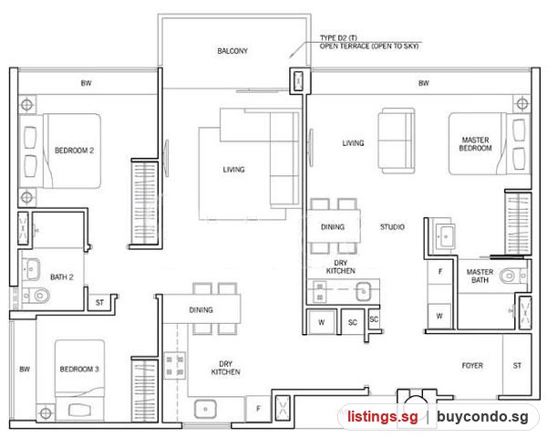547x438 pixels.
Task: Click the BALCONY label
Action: (x=232, y=51)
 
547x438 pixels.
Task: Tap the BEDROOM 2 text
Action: (x=75, y=151)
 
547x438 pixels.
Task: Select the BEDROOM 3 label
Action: (x=79, y=369)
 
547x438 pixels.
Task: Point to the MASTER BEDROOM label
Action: (x=475, y=144)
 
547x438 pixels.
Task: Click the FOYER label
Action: (x=472, y=365)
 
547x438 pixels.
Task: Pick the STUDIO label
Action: (x=392, y=227)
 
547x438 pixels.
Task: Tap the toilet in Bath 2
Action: (x=36, y=296)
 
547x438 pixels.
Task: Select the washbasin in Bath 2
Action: (x=31, y=269)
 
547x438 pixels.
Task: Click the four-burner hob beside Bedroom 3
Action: (x=174, y=365)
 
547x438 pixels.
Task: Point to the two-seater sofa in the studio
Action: (x=397, y=141)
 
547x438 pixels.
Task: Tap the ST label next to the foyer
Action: (x=517, y=365)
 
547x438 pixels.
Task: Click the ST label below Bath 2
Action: (x=99, y=302)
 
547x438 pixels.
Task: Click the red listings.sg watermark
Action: (x=382, y=416)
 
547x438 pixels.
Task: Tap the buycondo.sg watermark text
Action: (x=482, y=416)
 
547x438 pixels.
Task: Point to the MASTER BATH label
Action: (x=480, y=276)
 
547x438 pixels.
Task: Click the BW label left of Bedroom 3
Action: (x=25, y=369)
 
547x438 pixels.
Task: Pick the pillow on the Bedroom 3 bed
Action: (x=80, y=410)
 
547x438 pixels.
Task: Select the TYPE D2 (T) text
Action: (x=338, y=37)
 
